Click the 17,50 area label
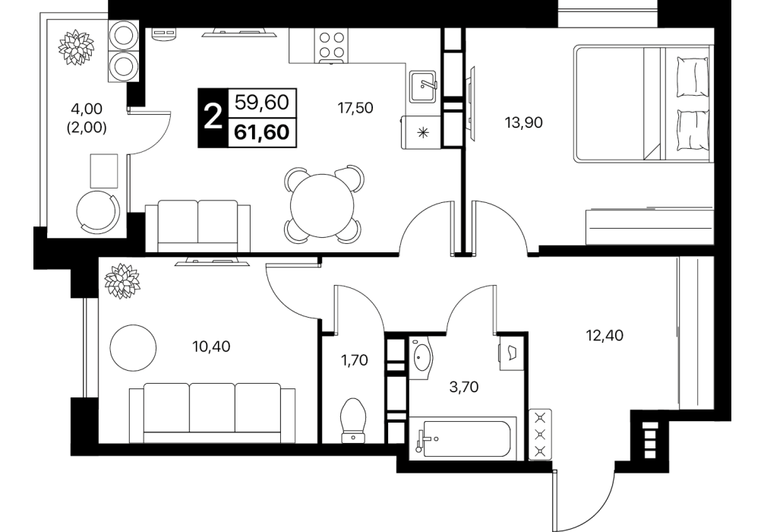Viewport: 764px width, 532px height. (x=355, y=108)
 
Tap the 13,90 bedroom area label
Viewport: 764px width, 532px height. (x=524, y=122)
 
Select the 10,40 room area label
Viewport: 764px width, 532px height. (x=211, y=347)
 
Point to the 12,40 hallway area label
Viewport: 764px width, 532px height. (x=605, y=335)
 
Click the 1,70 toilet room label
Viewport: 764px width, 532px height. (x=354, y=361)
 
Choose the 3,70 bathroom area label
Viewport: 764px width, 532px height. (x=464, y=387)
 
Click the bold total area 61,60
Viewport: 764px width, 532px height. (x=262, y=132)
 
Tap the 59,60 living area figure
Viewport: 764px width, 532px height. (x=262, y=103)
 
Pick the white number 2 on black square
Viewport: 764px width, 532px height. (x=213, y=118)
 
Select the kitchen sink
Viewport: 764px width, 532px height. (x=423, y=87)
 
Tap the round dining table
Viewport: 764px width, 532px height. (x=321, y=205)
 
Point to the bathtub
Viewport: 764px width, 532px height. (x=463, y=438)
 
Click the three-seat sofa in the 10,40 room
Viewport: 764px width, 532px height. (x=212, y=413)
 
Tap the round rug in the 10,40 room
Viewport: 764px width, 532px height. (x=133, y=347)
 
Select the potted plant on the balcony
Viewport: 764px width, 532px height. (x=76, y=47)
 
